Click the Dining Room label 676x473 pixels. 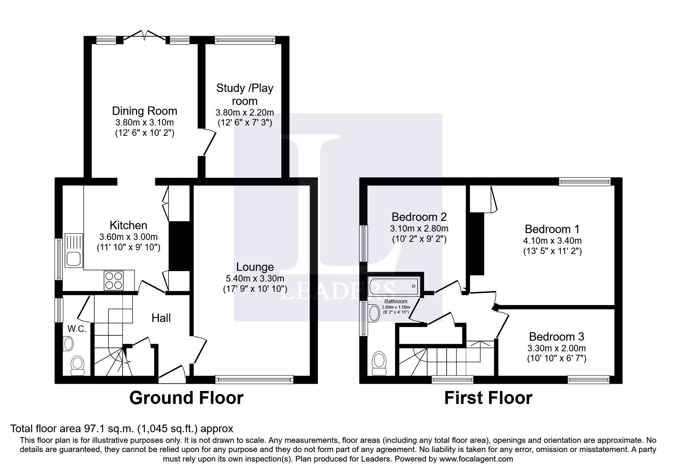coord(144,111)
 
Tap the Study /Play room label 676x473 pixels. coord(245,95)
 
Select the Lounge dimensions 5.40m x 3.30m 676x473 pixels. coord(255,278)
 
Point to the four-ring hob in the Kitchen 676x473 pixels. coord(114,280)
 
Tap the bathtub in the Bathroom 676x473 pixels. coord(393,286)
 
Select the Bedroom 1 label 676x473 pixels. coord(552,229)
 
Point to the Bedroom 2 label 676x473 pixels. coord(419,217)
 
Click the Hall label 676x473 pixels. coord(161,318)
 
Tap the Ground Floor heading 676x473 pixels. coord(186,398)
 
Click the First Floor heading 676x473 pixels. coord(488,398)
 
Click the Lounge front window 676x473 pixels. coord(254,379)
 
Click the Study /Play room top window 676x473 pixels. coord(245,40)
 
